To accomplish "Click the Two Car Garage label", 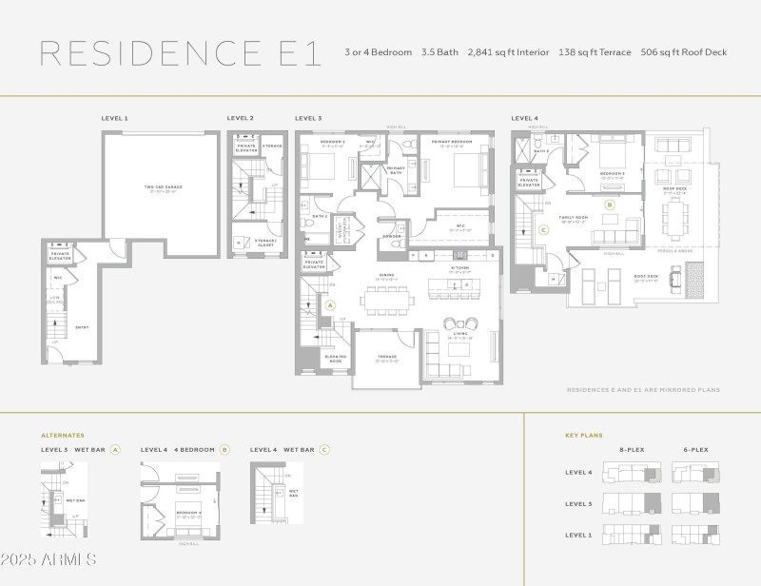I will tap(163, 187).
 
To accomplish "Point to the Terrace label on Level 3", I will tap(386, 358).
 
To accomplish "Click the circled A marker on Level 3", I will tap(330, 305).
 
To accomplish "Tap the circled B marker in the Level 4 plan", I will tap(611, 204).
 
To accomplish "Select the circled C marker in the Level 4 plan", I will tap(543, 229).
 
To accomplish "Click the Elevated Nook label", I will tap(336, 359).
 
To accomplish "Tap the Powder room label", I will tap(392, 236).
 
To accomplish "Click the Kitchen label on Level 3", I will tap(461, 269).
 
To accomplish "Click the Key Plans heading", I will tap(584, 435).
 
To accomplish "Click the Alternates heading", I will tap(63, 435).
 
